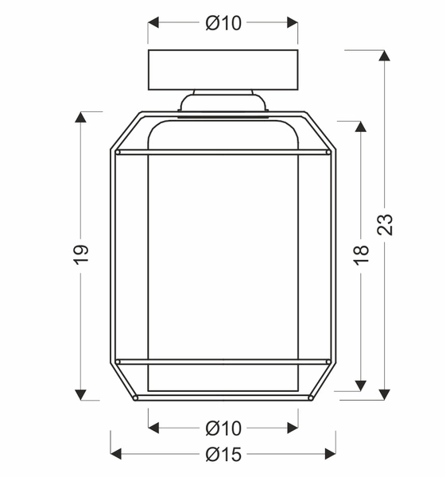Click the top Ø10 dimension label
pyautogui.click(x=223, y=24)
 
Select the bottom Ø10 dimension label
pyautogui.click(x=223, y=429)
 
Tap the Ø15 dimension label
pyautogui.click(x=223, y=454)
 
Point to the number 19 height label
pyautogui.click(x=81, y=254)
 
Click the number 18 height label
pyautogui.click(x=362, y=254)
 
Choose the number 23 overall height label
pyautogui.click(x=385, y=225)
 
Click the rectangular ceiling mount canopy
pyautogui.click(x=223, y=70)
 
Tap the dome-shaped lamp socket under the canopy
pyautogui.click(x=223, y=103)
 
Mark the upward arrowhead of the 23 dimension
pyautogui.click(x=385, y=56)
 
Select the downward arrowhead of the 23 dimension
pyautogui.click(x=385, y=394)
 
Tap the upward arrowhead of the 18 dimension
pyautogui.click(x=362, y=126)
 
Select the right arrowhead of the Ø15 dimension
pyautogui.click(x=331, y=454)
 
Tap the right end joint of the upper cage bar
pyautogui.click(x=327, y=151)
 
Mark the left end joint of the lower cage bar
pyautogui.click(x=118, y=362)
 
